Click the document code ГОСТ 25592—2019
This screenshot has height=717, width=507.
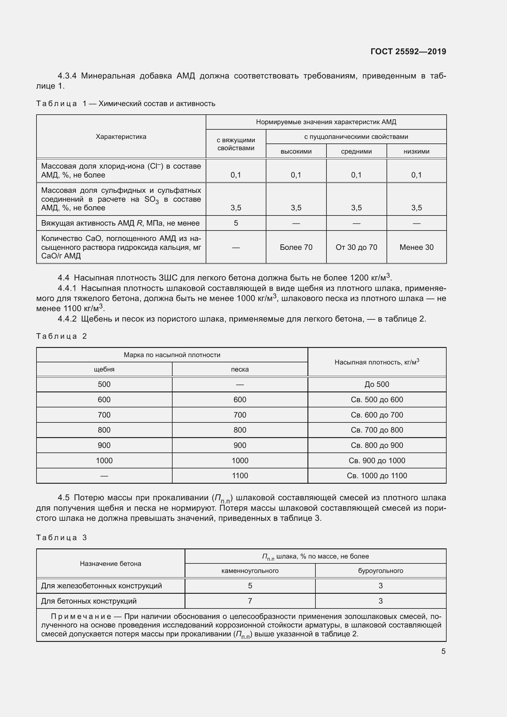point(408,51)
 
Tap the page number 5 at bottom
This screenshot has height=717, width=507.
point(443,651)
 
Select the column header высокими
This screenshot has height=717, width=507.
point(296,151)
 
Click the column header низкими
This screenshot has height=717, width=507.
point(417,151)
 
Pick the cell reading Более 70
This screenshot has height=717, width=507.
point(296,247)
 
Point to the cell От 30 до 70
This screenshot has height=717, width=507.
point(356,247)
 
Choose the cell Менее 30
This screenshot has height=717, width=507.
point(417,247)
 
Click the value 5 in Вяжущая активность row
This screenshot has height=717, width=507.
point(236,223)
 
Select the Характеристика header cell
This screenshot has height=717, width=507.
point(121,136)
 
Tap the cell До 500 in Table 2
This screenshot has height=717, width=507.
point(377,384)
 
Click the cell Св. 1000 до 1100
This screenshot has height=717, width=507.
point(377,476)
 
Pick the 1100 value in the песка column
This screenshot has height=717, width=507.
point(240,476)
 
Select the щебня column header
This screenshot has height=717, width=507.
point(104,369)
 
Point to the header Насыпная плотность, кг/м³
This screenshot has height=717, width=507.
point(377,362)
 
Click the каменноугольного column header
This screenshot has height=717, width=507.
point(250,571)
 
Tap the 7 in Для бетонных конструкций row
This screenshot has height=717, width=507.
point(250,601)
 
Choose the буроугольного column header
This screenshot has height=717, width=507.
point(381,571)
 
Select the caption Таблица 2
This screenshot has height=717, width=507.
point(61,336)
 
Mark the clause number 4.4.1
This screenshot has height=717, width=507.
point(67,288)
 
